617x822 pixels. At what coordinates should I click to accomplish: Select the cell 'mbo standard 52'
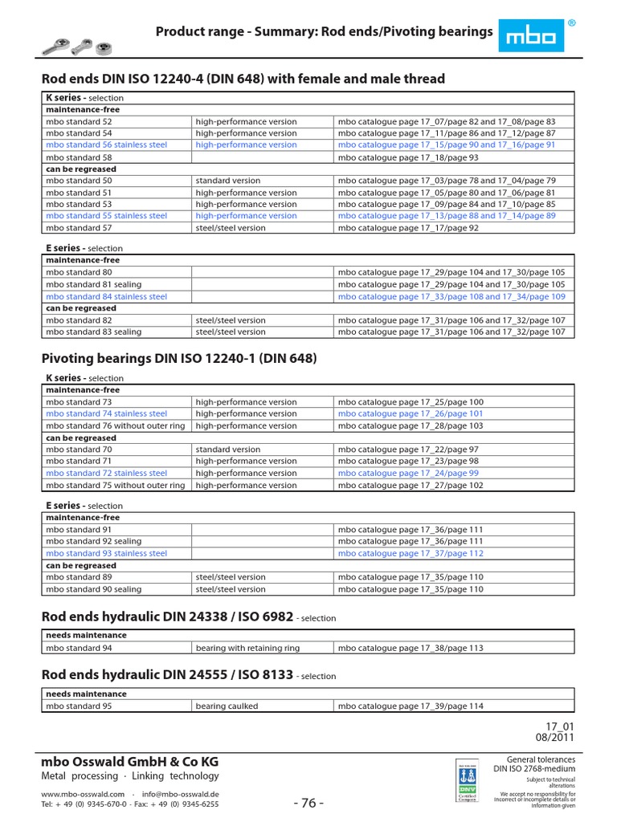(79, 122)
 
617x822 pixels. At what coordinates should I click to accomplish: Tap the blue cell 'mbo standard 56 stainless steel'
(106, 145)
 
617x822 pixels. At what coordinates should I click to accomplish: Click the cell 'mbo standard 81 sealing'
(93, 285)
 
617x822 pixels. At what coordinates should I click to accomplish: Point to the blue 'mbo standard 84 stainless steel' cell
(106, 297)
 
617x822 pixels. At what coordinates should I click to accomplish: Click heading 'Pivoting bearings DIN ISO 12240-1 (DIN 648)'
(179, 358)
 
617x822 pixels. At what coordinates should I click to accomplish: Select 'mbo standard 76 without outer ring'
(115, 425)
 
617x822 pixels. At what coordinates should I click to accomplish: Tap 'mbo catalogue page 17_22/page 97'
(408, 450)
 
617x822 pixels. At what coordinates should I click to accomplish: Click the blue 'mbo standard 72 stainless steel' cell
(106, 474)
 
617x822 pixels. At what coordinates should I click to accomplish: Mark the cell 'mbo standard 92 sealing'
(93, 542)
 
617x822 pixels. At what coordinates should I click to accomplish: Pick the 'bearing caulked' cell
(227, 706)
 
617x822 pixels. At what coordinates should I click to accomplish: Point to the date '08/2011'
(556, 736)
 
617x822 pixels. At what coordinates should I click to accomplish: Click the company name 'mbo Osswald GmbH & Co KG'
(129, 761)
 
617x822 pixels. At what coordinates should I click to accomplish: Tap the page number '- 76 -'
(308, 804)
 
